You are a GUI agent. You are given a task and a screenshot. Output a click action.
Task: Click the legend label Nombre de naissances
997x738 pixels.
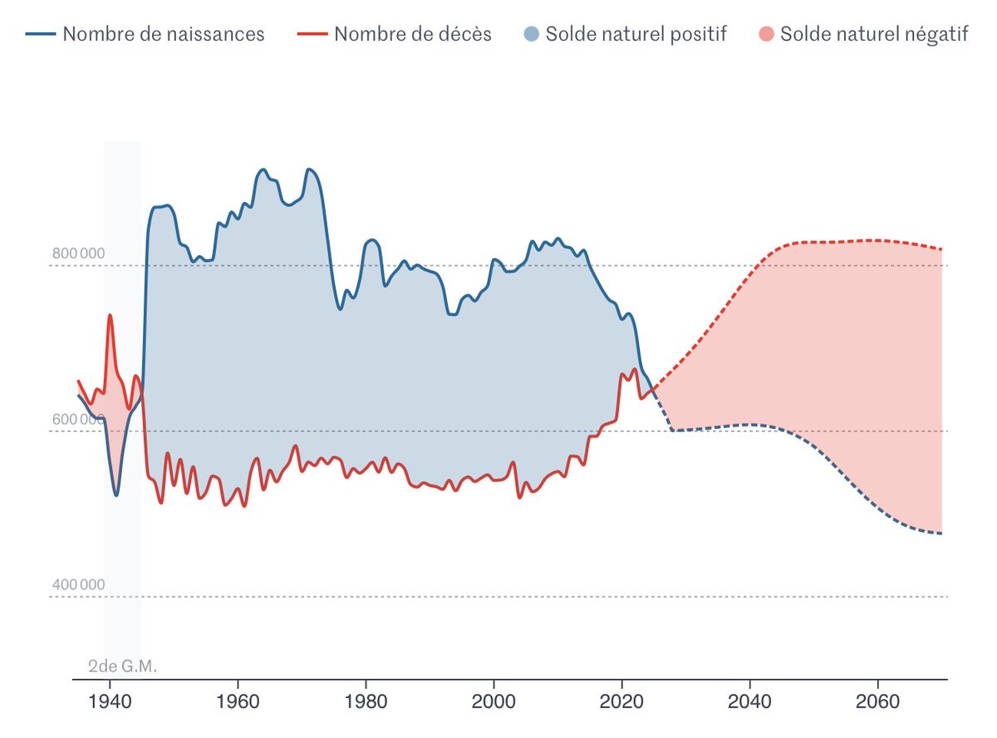coord(163,34)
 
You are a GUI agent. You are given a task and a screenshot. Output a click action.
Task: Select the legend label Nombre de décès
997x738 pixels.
coord(413,34)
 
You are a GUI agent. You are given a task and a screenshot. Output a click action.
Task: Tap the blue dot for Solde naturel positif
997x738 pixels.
coord(531,34)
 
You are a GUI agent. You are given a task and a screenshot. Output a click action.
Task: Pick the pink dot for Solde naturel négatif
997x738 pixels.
coord(766,34)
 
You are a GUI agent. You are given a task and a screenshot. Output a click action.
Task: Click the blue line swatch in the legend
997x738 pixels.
coord(41,34)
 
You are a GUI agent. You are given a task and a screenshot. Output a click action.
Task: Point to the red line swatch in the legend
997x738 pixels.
coord(312,34)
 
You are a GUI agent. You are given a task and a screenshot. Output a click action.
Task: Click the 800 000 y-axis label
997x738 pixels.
coord(78,253)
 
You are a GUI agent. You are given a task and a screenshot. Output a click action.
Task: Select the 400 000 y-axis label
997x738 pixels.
coord(78,584)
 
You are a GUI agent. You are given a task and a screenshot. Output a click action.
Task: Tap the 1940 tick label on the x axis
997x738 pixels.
coord(110,701)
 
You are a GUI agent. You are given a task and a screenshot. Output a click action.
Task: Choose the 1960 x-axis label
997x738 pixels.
coord(238,701)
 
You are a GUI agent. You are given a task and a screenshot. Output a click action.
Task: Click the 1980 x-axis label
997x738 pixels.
coord(366,701)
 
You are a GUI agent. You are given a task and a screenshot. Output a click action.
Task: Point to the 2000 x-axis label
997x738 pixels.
coord(494,701)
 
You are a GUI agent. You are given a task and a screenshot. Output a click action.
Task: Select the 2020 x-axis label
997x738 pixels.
coord(621,701)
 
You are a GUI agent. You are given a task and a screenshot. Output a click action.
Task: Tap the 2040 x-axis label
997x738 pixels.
coord(749,701)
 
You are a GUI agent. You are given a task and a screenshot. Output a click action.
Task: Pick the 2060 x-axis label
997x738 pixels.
coord(877,701)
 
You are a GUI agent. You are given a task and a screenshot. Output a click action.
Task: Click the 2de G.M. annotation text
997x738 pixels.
coord(122,667)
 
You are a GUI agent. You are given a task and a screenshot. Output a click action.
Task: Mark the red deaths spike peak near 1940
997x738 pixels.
coord(110,315)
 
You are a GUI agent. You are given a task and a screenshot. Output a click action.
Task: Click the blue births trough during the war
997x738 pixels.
coord(116,495)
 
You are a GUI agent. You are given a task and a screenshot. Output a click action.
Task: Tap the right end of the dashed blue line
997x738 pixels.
coord(941,534)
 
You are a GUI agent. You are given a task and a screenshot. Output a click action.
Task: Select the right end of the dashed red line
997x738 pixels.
coord(941,249)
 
